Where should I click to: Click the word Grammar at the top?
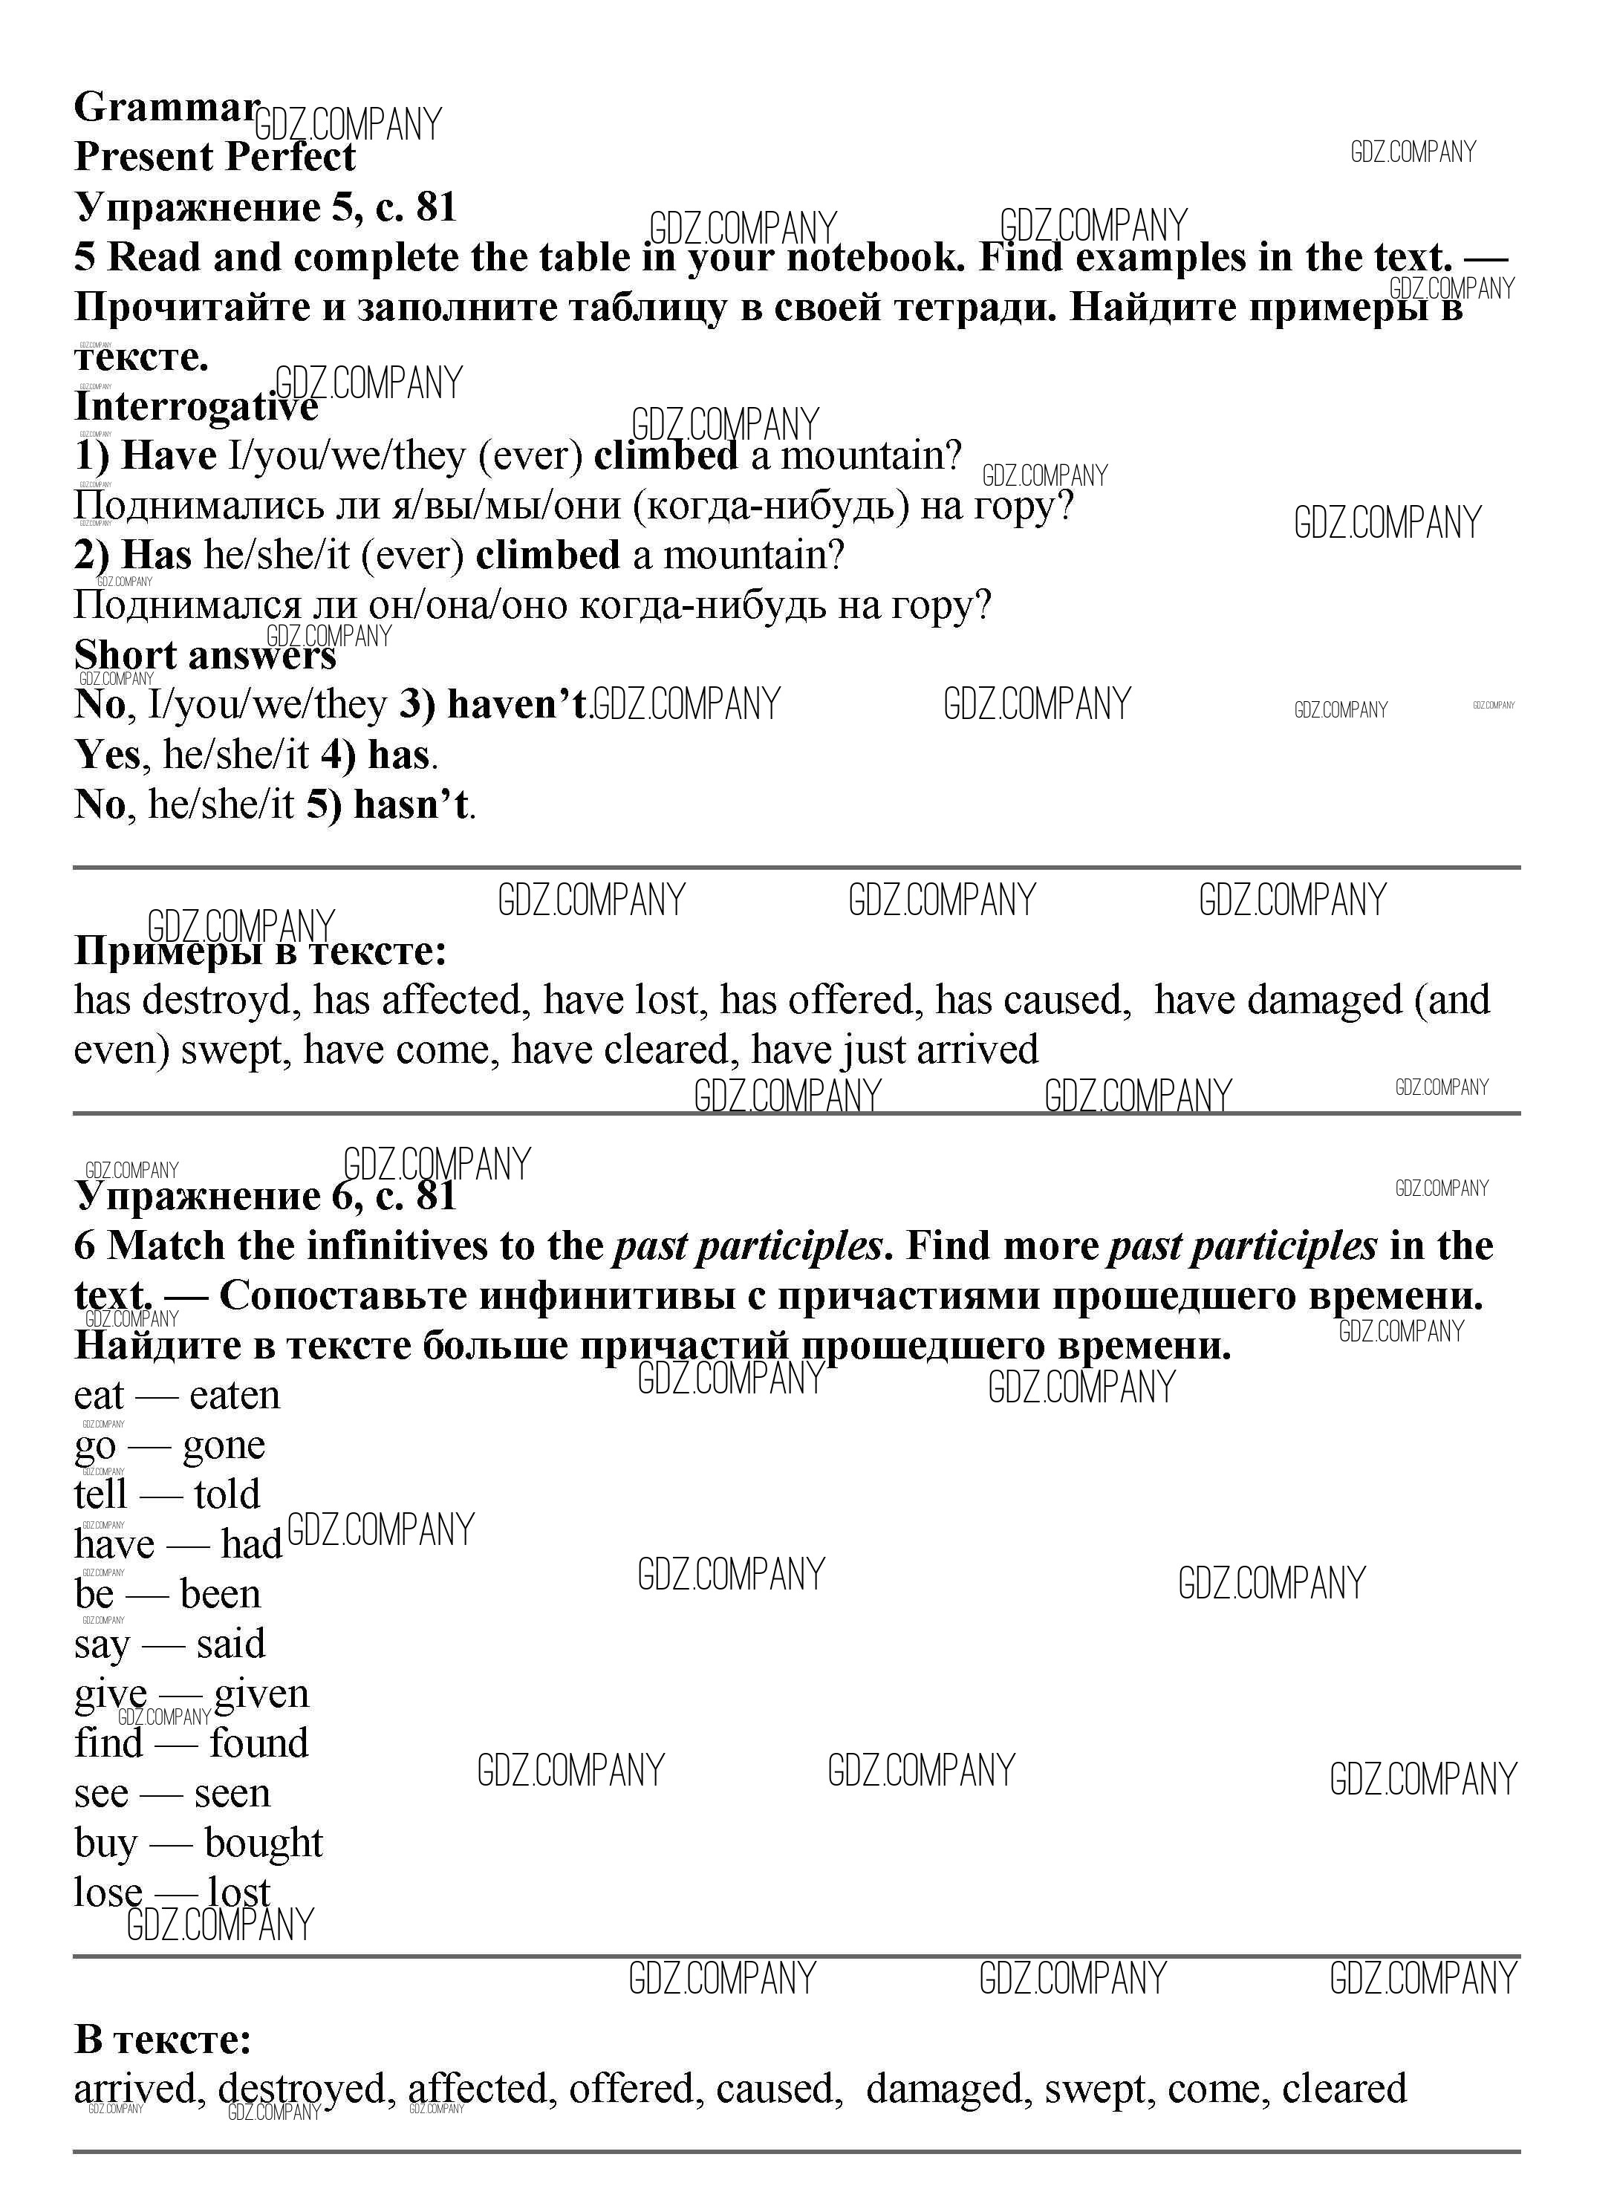pyautogui.click(x=166, y=108)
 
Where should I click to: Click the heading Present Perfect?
pyautogui.click(x=215, y=157)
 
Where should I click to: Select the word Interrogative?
pyautogui.click(x=196, y=406)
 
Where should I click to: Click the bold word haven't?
pyautogui.click(x=518, y=705)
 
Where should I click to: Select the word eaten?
pyautogui.click(x=235, y=1396)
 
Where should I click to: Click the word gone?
pyautogui.click(x=224, y=1445)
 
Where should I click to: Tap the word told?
pyautogui.click(x=227, y=1495)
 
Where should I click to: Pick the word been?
pyautogui.click(x=221, y=1594)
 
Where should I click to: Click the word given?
pyautogui.click(x=261, y=1694)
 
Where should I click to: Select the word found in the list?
pyautogui.click(x=258, y=1744)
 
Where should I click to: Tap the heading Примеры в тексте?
pyautogui.click(x=261, y=950)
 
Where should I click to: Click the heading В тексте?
pyautogui.click(x=163, y=2040)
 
